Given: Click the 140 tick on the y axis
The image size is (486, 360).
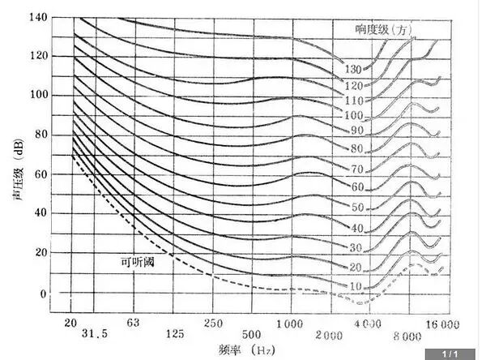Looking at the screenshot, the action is (38, 17).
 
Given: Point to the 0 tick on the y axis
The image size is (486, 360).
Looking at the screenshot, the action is (44, 294).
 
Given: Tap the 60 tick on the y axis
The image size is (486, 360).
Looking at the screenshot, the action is (40, 174).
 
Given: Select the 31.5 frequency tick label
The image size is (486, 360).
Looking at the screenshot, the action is (95, 333).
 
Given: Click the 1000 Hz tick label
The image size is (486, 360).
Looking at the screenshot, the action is (289, 324).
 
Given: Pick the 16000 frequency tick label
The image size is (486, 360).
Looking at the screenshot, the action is (442, 324).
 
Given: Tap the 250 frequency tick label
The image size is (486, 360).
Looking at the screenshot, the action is (213, 324).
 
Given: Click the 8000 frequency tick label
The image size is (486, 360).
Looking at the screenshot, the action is (407, 336).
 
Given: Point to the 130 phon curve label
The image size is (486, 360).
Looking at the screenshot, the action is (353, 69).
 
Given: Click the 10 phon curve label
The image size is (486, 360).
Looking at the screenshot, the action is (356, 286).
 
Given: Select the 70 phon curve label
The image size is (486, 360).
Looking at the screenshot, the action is (356, 169).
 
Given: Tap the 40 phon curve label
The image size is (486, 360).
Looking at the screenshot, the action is (357, 229).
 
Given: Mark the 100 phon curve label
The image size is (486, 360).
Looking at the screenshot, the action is (354, 115).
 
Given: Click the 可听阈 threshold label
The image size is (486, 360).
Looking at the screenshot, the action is (138, 262).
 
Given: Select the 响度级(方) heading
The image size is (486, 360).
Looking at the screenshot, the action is (384, 29).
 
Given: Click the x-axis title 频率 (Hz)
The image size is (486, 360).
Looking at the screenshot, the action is (247, 350).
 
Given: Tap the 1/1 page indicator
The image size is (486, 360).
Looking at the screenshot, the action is (450, 354).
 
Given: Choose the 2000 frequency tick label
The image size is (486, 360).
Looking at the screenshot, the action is (329, 336).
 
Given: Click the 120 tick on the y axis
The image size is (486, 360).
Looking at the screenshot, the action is (39, 56).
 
